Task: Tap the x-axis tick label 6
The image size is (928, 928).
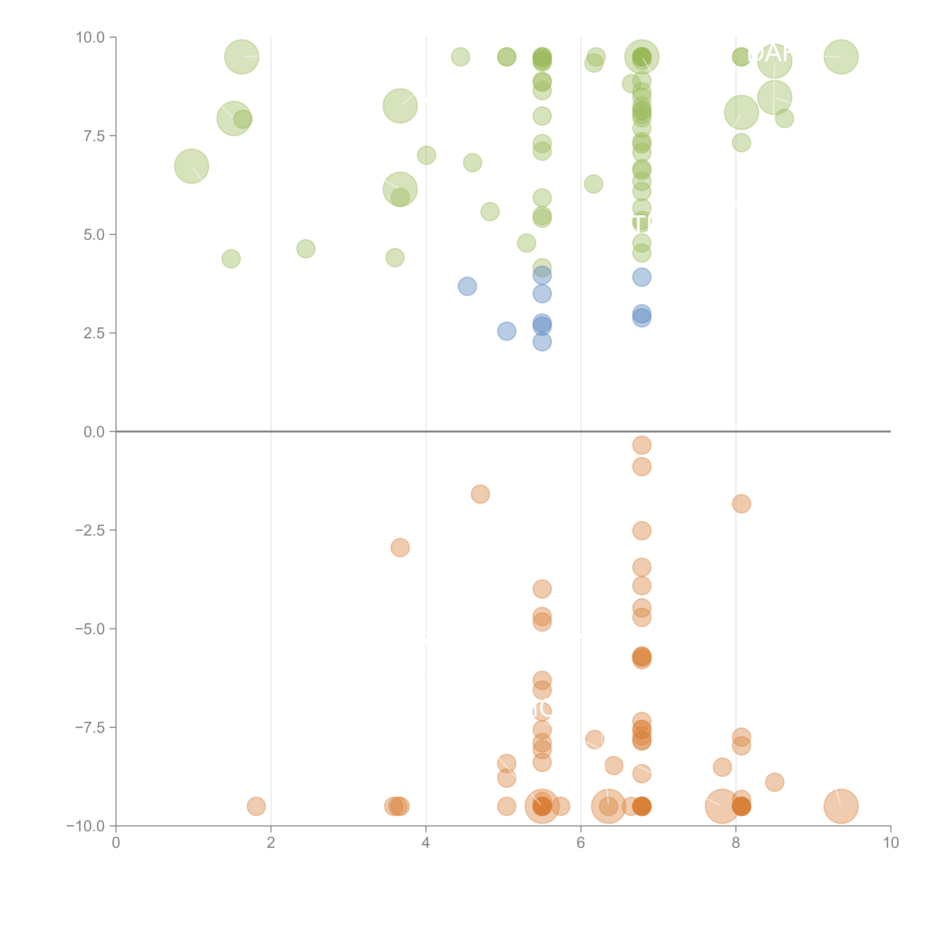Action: pos(581,842)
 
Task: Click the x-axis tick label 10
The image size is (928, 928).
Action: pos(891,842)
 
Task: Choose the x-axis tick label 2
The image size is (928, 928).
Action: pos(271,842)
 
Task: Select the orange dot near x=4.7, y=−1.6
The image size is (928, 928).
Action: pos(480,494)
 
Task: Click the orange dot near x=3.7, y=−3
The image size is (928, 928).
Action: pos(400,547)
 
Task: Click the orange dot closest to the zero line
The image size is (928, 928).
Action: pos(642,445)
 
